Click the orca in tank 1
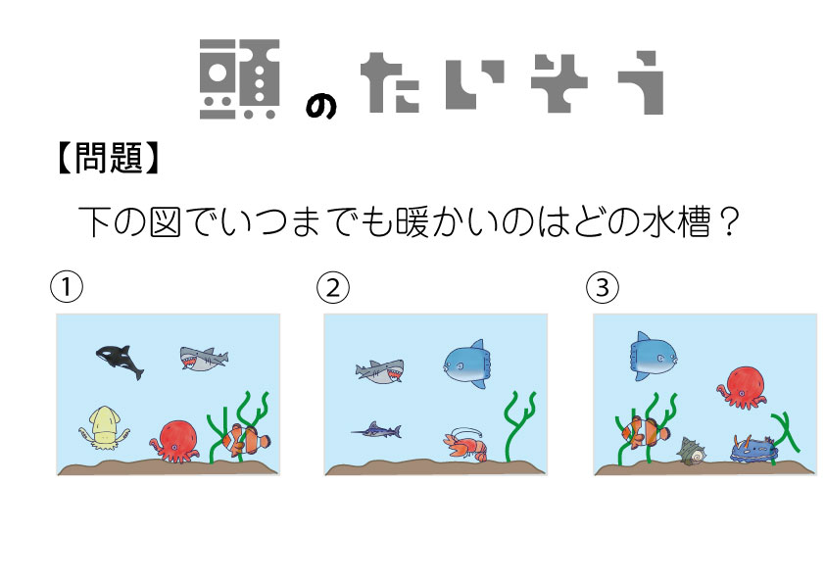point(120,361)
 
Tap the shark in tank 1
point(204,358)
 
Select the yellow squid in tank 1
point(104,428)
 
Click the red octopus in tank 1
point(176,442)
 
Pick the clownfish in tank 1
point(246,440)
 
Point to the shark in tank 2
point(380,371)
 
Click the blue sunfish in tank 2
point(465,364)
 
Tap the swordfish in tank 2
point(376,431)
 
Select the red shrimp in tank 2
point(465,445)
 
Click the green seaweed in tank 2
point(518,427)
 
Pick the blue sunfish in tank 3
point(653,357)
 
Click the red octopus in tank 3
point(742,388)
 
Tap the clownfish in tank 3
point(645,432)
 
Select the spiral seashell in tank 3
point(692,451)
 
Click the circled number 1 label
point(67,287)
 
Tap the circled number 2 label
point(332,287)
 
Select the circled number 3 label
point(603,287)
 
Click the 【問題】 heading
point(108,158)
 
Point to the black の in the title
point(321,108)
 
